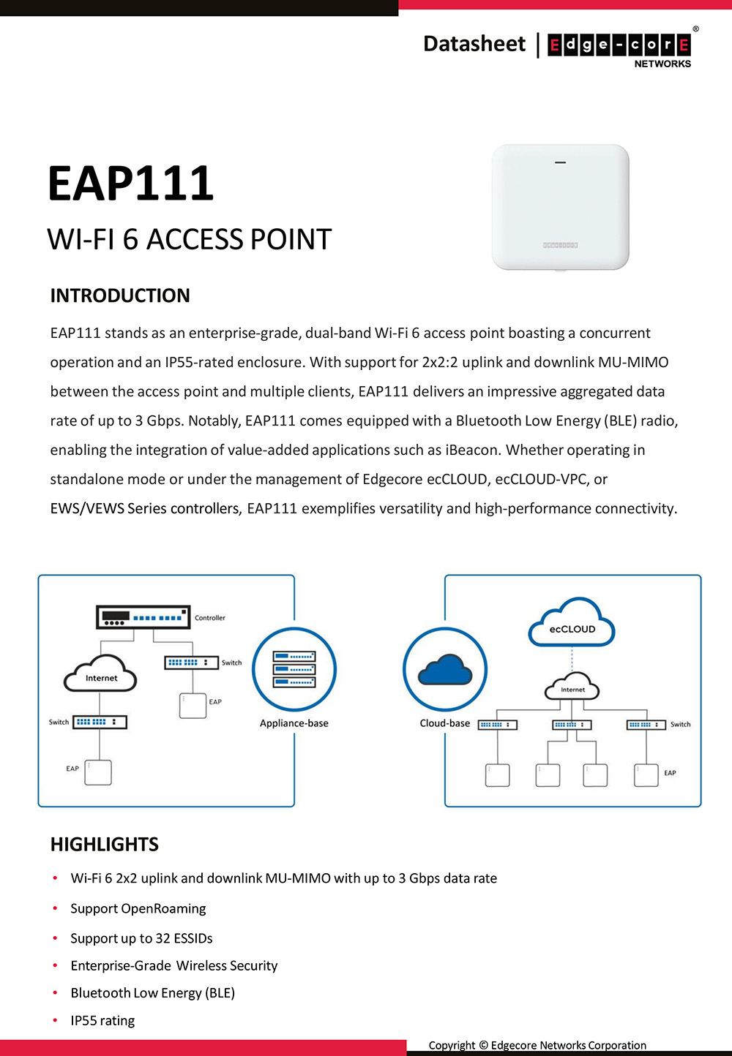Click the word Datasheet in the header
(x=474, y=44)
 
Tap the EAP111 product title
(x=130, y=183)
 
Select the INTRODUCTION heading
(x=120, y=295)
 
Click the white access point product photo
(x=561, y=208)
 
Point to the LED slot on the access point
(x=561, y=162)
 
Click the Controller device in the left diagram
(x=143, y=617)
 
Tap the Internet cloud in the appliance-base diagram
(x=101, y=675)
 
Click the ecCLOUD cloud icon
(x=572, y=624)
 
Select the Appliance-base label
(x=294, y=723)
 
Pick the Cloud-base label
(x=445, y=723)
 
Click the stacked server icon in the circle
(x=294, y=669)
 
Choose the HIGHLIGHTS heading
(x=105, y=845)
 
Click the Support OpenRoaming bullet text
(x=138, y=908)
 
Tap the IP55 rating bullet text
(x=102, y=1020)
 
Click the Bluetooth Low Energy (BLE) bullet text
(x=153, y=992)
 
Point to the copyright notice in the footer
(x=537, y=1045)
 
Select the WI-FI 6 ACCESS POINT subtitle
(x=190, y=240)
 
